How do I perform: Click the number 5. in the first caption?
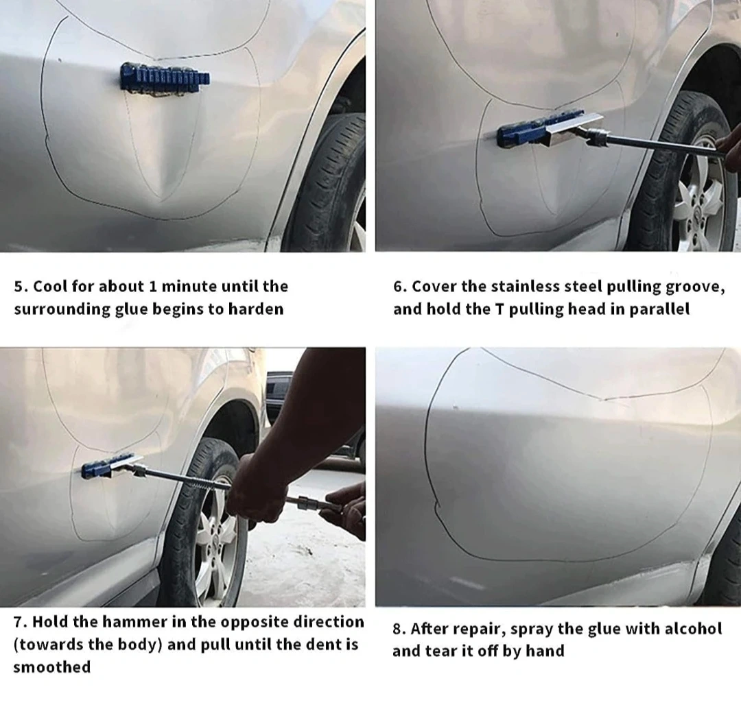pyautogui.click(x=21, y=287)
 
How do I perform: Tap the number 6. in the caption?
pyautogui.click(x=400, y=287)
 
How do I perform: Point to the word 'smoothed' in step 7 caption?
pyautogui.click(x=52, y=667)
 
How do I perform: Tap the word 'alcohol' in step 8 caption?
pyautogui.click(x=693, y=629)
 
